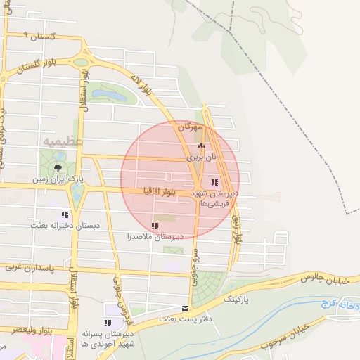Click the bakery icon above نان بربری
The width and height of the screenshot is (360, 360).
coord(193,146)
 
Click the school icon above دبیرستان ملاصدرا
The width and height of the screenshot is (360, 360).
coord(154,226)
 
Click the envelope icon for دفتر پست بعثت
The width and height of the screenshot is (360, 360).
coord(186,308)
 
